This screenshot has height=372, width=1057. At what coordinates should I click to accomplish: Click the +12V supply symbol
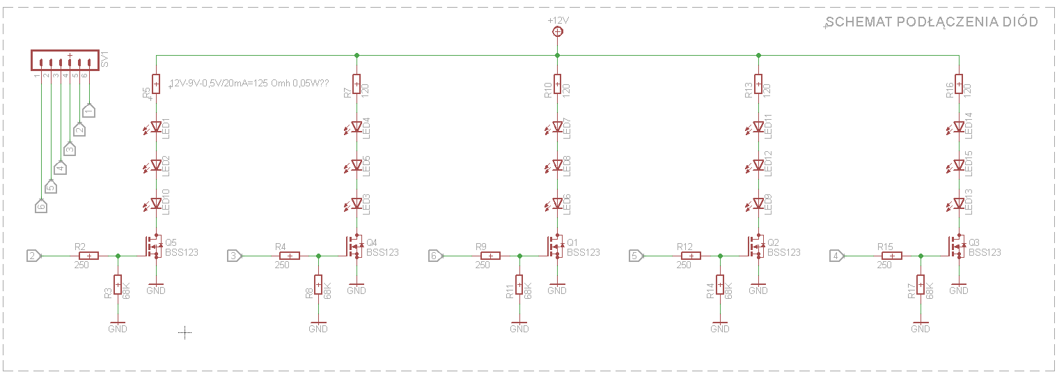coord(557,31)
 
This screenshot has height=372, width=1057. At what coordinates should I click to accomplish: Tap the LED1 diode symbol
coord(156,127)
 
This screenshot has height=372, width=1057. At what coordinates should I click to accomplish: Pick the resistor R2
coord(88,256)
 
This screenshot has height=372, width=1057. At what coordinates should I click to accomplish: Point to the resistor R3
coord(118,285)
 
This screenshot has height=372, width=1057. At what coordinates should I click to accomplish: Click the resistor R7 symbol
coord(357,84)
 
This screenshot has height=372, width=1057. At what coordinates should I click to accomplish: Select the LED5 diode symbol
coord(357,165)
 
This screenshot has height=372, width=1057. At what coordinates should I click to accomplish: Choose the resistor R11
coord(519,285)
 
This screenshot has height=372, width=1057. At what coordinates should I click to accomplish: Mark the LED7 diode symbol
coord(557,127)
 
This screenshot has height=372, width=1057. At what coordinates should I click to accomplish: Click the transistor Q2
coord(756,246)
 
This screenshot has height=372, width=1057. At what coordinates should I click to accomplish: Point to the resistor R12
coord(691,256)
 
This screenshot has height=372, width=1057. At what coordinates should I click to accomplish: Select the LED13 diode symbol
coord(959,203)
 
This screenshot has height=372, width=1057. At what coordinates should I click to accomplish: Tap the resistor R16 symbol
coord(959,84)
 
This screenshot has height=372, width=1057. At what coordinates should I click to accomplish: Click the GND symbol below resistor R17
coord(921,327)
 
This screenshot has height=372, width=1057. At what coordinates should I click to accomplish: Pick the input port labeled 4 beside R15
coord(836,256)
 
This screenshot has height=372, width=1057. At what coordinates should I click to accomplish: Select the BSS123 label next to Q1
coord(583,252)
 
